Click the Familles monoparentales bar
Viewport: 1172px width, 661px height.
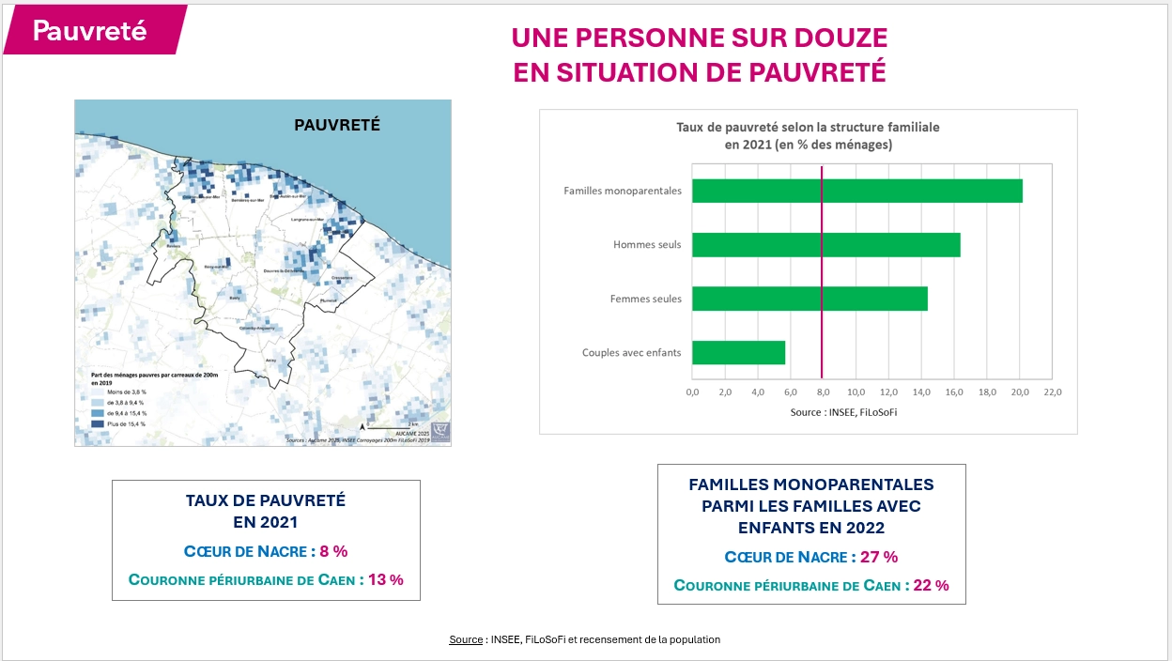click(x=856, y=191)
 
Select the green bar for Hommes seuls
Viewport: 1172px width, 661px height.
click(x=825, y=245)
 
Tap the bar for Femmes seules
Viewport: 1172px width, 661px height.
click(x=810, y=300)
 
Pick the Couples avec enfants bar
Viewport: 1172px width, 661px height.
click(x=738, y=353)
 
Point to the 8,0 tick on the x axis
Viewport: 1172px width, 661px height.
click(x=823, y=392)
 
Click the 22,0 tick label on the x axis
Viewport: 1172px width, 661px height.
click(x=1052, y=392)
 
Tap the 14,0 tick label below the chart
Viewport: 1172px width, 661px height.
click(x=921, y=392)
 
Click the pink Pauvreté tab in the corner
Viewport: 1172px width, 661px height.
click(x=91, y=30)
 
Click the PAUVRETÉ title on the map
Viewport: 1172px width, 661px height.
click(x=336, y=124)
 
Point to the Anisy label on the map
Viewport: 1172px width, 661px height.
click(x=271, y=361)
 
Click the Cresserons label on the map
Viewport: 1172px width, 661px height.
click(x=341, y=278)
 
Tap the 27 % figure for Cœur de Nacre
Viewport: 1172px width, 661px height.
click(x=878, y=557)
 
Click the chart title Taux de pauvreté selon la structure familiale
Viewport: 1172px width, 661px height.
click(x=808, y=126)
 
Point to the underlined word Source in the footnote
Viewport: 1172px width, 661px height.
click(x=465, y=639)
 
